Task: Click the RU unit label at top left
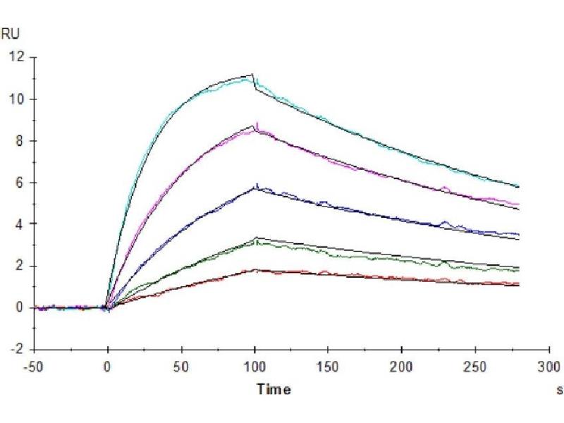11,32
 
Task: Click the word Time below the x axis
272,388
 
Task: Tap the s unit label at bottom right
559,388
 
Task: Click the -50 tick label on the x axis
34,367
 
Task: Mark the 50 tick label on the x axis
181,367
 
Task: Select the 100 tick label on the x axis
255,367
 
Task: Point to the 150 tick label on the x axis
328,367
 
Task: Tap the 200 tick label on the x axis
402,367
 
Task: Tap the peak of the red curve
255,269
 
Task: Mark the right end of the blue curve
519,234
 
